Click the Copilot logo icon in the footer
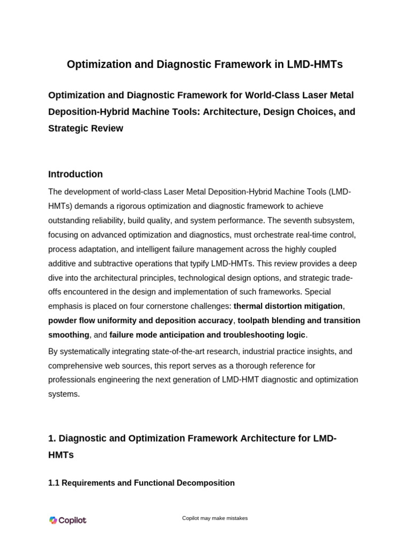click(x=53, y=520)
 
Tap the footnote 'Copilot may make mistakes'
click(x=215, y=518)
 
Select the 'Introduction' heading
click(x=75, y=174)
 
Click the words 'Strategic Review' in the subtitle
click(x=85, y=128)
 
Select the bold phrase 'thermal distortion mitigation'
click(x=288, y=306)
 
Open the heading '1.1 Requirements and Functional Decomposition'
click(x=141, y=483)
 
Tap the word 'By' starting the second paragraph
click(x=53, y=351)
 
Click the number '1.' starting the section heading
click(x=52, y=439)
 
